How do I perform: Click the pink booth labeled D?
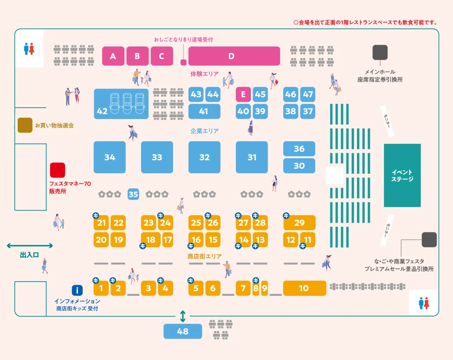tap(234, 56)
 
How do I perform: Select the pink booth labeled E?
tap(243, 94)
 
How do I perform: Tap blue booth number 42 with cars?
tap(121, 104)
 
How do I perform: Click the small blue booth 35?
tap(133, 194)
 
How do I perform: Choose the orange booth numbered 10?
tap(304, 288)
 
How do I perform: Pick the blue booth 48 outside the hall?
tap(183, 331)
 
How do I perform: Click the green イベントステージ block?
tap(402, 175)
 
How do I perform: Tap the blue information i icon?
tap(77, 290)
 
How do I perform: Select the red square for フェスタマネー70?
tap(57, 170)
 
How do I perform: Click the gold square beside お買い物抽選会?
tap(25, 125)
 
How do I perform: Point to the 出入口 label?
tap(30, 255)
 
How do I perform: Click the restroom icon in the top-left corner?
tap(29, 49)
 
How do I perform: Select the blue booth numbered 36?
tap(299, 149)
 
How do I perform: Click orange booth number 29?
tap(299, 223)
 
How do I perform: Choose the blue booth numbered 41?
tap(203, 111)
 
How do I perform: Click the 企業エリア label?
tap(204, 131)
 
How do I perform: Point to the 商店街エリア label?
tap(204, 256)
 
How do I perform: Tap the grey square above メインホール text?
tap(380, 52)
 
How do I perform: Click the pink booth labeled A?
tap(113, 56)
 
